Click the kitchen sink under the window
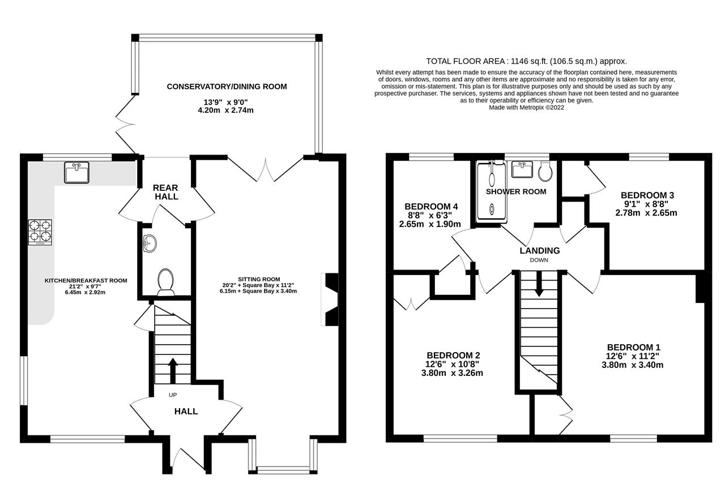[76, 172]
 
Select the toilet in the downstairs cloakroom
[165, 281]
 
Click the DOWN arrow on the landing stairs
[539, 283]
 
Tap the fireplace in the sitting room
[330, 299]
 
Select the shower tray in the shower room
[491, 191]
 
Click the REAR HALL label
[166, 192]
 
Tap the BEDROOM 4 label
[431, 206]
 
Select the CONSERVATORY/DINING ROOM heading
[227, 87]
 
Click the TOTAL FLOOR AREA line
[526, 61]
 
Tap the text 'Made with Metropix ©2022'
[526, 107]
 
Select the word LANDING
[540, 250]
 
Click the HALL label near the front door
[186, 411]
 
